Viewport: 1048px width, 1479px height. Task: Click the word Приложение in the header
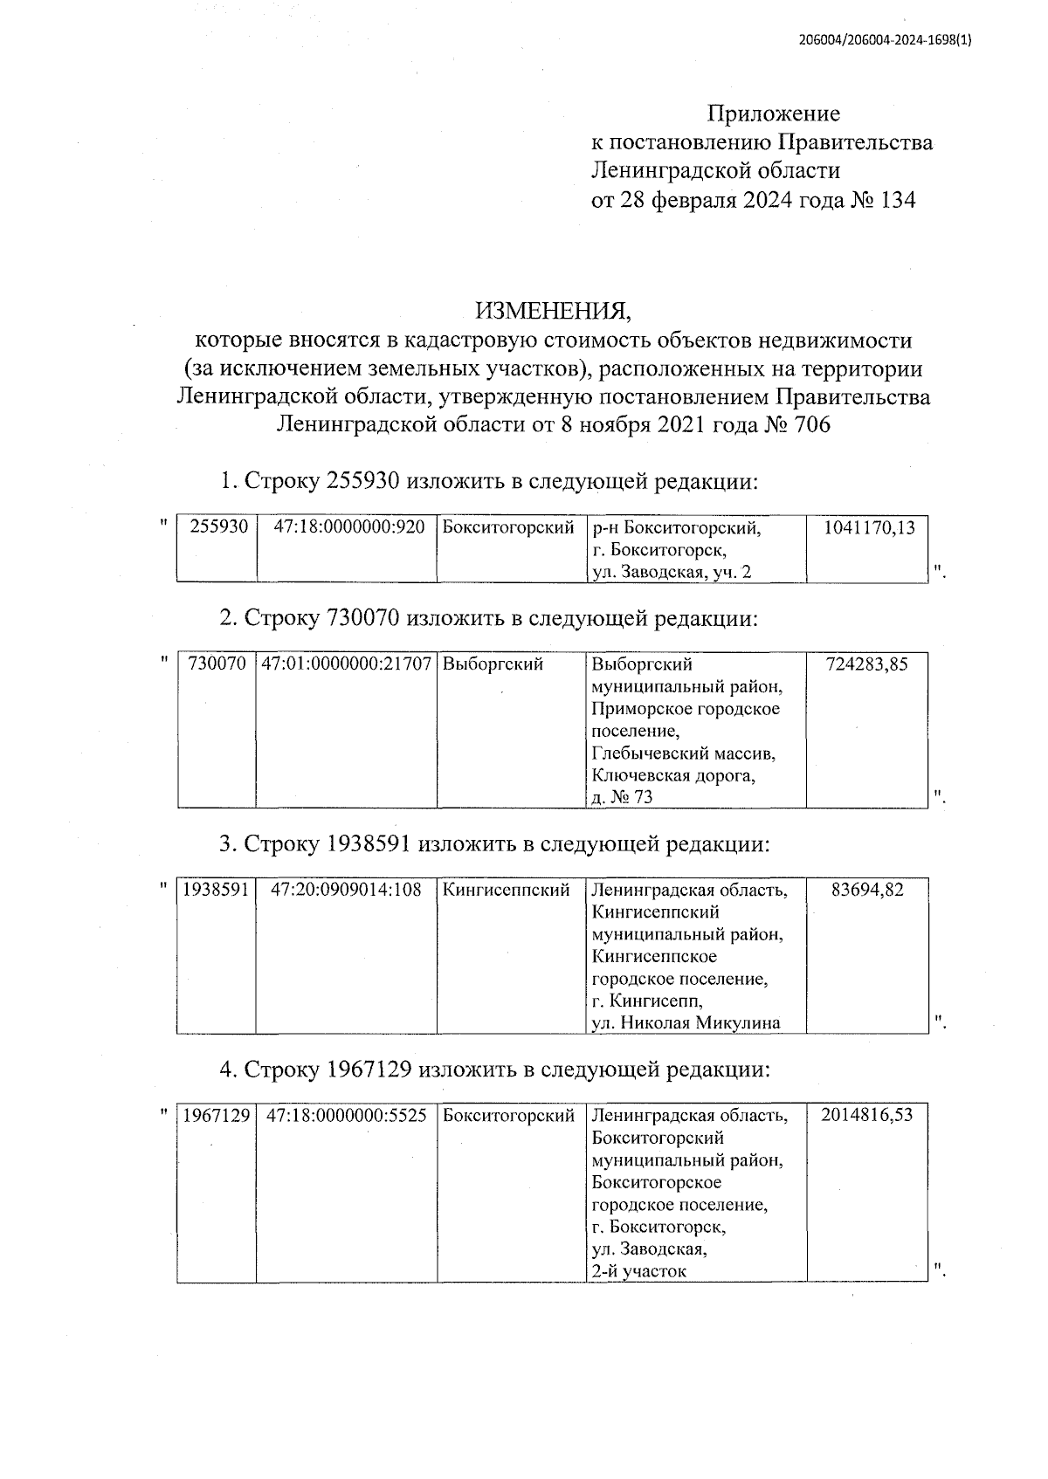pos(773,114)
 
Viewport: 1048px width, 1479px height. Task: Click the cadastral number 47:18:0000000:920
pos(348,527)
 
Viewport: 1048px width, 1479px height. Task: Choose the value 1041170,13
pos(869,527)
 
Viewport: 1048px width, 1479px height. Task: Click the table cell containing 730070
pos(217,664)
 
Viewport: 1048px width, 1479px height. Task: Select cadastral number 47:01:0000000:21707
pos(347,664)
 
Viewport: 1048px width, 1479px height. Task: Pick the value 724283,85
pos(866,664)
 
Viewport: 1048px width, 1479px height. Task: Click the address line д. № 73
pos(622,797)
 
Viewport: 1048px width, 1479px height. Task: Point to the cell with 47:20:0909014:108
pos(347,890)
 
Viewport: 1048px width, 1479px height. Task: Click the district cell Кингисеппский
pos(507,890)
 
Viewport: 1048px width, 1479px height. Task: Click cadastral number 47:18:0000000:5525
pos(347,1115)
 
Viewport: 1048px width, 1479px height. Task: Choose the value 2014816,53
pos(866,1115)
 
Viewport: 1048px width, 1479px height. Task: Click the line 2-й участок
pos(638,1271)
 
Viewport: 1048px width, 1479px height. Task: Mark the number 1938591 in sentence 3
pos(369,844)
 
